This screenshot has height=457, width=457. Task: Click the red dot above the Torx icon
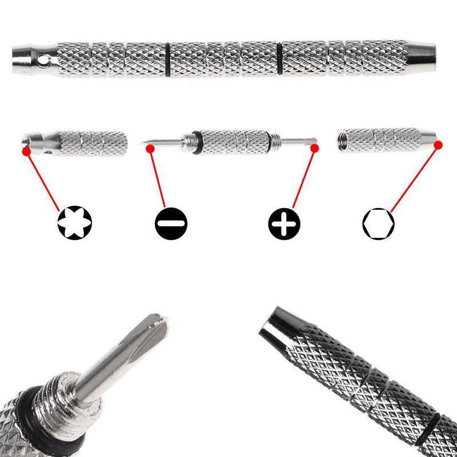coord(26,151)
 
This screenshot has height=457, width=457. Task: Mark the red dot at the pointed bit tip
coord(150,149)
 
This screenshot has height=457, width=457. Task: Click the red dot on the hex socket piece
coord(438,145)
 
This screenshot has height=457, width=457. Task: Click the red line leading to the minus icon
coord(158,177)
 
